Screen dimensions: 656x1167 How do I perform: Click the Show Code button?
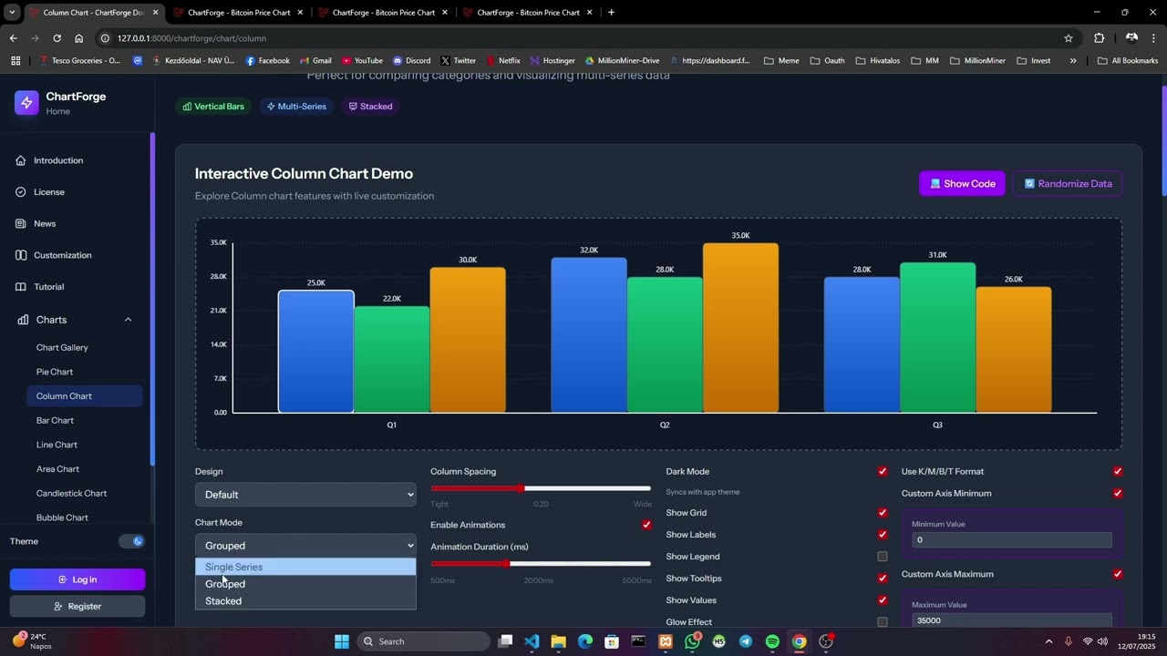[962, 183]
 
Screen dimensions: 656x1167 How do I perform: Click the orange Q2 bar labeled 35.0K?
[740, 328]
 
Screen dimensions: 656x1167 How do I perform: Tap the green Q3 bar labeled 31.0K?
[937, 338]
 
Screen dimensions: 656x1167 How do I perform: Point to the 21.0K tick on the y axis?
[219, 311]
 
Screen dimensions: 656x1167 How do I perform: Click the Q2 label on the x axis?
[665, 425]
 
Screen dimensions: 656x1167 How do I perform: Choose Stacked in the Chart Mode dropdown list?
[223, 601]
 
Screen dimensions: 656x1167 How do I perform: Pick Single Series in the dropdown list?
[234, 567]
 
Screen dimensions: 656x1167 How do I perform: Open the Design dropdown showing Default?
[305, 495]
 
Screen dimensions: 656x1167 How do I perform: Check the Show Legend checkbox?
[882, 557]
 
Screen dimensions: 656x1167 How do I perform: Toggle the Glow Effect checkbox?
[882, 622]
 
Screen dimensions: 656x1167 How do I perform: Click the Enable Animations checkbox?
[646, 525]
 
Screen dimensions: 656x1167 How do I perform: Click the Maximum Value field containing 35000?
[1011, 620]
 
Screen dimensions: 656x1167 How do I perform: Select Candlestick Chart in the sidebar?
[71, 493]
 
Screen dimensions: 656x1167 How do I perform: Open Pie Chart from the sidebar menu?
[55, 372]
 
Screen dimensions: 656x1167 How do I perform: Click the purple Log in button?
[77, 579]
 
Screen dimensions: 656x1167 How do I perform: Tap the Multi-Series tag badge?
[296, 107]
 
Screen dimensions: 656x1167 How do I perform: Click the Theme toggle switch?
[132, 541]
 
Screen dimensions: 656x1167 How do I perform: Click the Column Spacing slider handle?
[521, 488]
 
